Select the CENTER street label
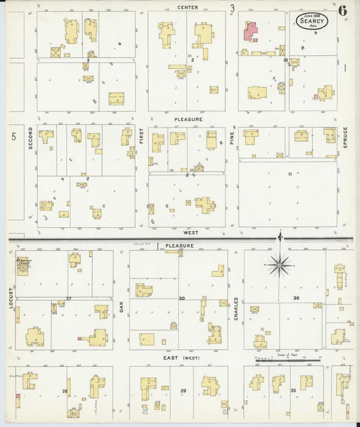click(188, 7)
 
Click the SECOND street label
click(30, 138)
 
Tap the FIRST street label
click(142, 138)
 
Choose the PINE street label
click(231, 139)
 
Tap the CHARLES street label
click(236, 309)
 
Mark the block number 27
click(69, 298)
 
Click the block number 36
click(296, 298)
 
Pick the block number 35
click(293, 391)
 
